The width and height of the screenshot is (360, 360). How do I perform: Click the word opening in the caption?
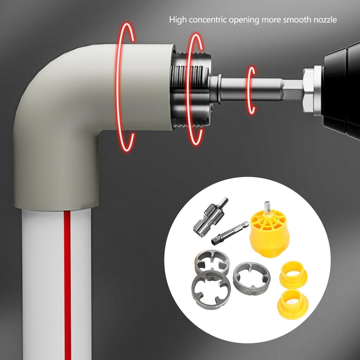coord(244,20)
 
